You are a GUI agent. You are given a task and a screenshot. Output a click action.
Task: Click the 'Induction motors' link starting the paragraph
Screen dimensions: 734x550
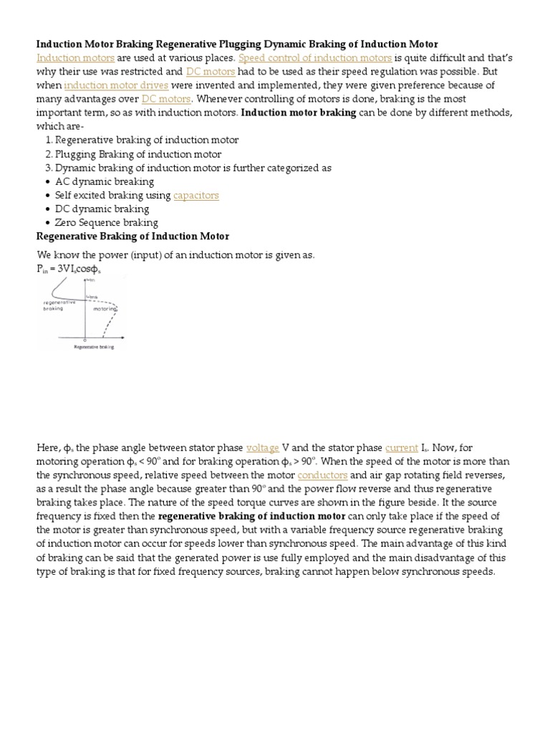pyautogui.click(x=75, y=57)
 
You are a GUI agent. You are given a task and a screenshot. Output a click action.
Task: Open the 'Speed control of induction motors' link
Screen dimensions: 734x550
pyautogui.click(x=315, y=57)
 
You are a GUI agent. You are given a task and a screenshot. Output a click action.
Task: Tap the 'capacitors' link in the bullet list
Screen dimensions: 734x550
pyautogui.click(x=196, y=195)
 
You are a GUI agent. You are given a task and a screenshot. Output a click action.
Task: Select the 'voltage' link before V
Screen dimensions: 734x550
pyautogui.click(x=262, y=447)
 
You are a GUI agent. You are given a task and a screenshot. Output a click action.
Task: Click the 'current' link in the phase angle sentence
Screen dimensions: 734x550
pyautogui.click(x=401, y=447)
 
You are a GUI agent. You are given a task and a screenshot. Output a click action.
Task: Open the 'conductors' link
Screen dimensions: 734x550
pyautogui.click(x=322, y=475)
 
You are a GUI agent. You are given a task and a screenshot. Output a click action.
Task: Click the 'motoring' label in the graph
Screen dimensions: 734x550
pyautogui.click(x=105, y=309)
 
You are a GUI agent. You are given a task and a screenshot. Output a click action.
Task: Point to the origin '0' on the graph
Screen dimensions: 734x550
pyautogui.click(x=85, y=340)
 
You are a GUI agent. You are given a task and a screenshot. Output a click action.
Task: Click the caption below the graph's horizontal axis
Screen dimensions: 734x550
pyautogui.click(x=93, y=347)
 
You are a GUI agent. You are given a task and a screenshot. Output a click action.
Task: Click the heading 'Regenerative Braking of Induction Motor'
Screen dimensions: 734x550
pyautogui.click(x=132, y=237)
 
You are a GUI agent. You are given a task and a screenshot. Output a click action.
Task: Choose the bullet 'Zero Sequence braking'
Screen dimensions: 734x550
pyautogui.click(x=106, y=222)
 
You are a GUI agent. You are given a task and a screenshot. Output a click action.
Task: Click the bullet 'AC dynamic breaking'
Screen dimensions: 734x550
pyautogui.click(x=104, y=181)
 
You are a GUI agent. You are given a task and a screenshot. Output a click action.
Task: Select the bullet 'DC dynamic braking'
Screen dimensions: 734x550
pyautogui.click(x=102, y=209)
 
